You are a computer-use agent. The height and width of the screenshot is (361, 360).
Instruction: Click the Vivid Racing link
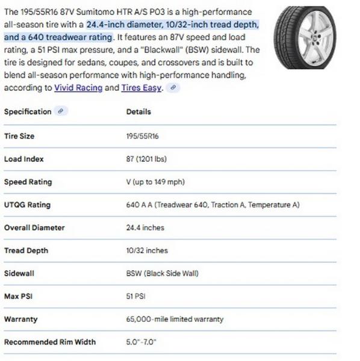[x=78, y=88]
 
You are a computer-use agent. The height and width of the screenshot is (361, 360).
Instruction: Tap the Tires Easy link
[x=141, y=88]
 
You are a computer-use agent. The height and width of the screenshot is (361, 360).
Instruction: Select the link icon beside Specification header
[x=61, y=111]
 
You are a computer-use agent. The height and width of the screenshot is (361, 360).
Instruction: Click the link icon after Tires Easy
[x=173, y=88]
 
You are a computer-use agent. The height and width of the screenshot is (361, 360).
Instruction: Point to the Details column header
[x=138, y=112]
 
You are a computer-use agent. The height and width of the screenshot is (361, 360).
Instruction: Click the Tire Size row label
[x=19, y=136]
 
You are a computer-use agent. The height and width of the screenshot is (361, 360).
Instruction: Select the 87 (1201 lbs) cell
[x=146, y=159]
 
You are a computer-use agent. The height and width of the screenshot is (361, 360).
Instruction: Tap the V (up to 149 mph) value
[x=155, y=182]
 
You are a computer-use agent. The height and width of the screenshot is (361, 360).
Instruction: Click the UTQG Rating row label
[x=27, y=205]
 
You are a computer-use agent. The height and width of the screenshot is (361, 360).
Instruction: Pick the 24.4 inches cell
[x=145, y=227]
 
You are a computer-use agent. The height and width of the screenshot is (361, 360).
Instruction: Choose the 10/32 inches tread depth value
[x=147, y=250]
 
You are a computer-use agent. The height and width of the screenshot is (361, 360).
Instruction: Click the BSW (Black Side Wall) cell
[x=162, y=273]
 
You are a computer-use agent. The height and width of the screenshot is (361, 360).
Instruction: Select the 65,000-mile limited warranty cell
[x=175, y=319]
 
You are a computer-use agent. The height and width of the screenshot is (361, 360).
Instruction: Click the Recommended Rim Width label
[x=49, y=342]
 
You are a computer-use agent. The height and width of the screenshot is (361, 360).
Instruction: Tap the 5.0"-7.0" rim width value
[x=141, y=342]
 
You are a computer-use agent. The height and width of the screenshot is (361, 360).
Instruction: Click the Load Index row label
[x=24, y=159]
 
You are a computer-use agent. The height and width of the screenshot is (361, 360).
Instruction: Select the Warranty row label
[x=20, y=319]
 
